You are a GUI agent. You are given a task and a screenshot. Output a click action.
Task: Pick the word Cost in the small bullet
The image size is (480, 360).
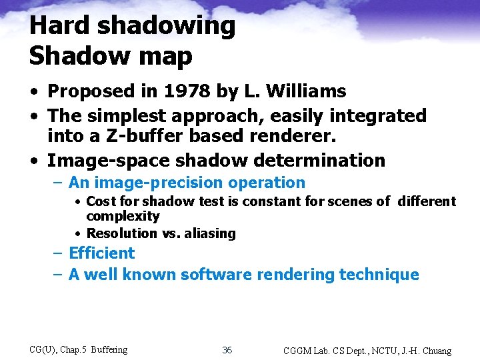pos(99,201)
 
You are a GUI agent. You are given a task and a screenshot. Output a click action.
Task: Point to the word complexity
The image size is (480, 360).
pos(123,217)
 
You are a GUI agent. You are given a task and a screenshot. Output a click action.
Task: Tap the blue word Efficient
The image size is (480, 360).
pos(101,253)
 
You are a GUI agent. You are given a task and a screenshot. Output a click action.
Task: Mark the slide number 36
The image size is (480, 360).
pos(227,350)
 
